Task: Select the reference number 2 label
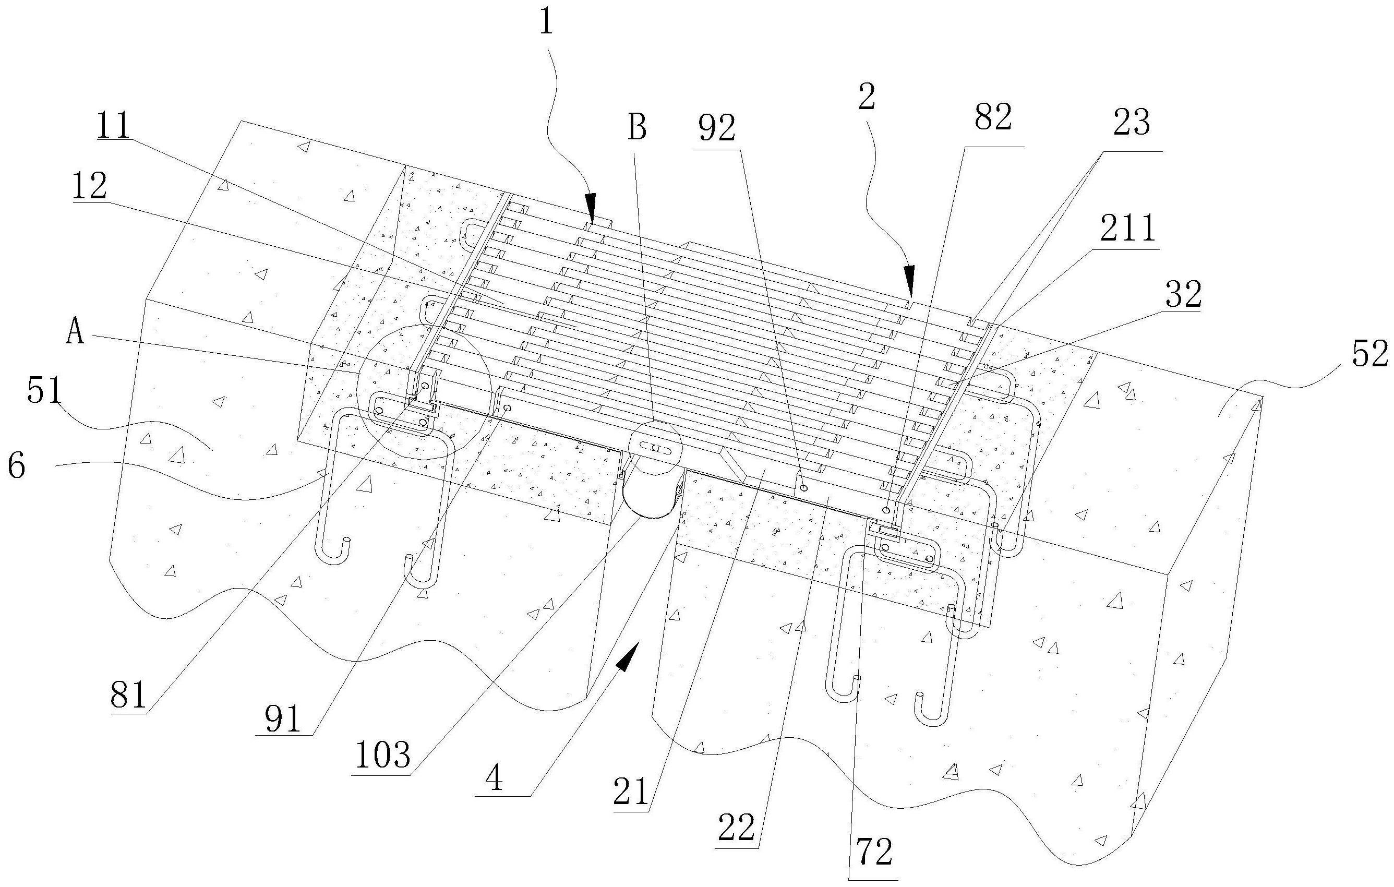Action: click(866, 97)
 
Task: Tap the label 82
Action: click(993, 118)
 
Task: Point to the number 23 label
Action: click(1131, 123)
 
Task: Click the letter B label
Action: click(637, 128)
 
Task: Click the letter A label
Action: click(75, 334)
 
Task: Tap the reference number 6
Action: click(16, 466)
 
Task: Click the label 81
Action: click(128, 696)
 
